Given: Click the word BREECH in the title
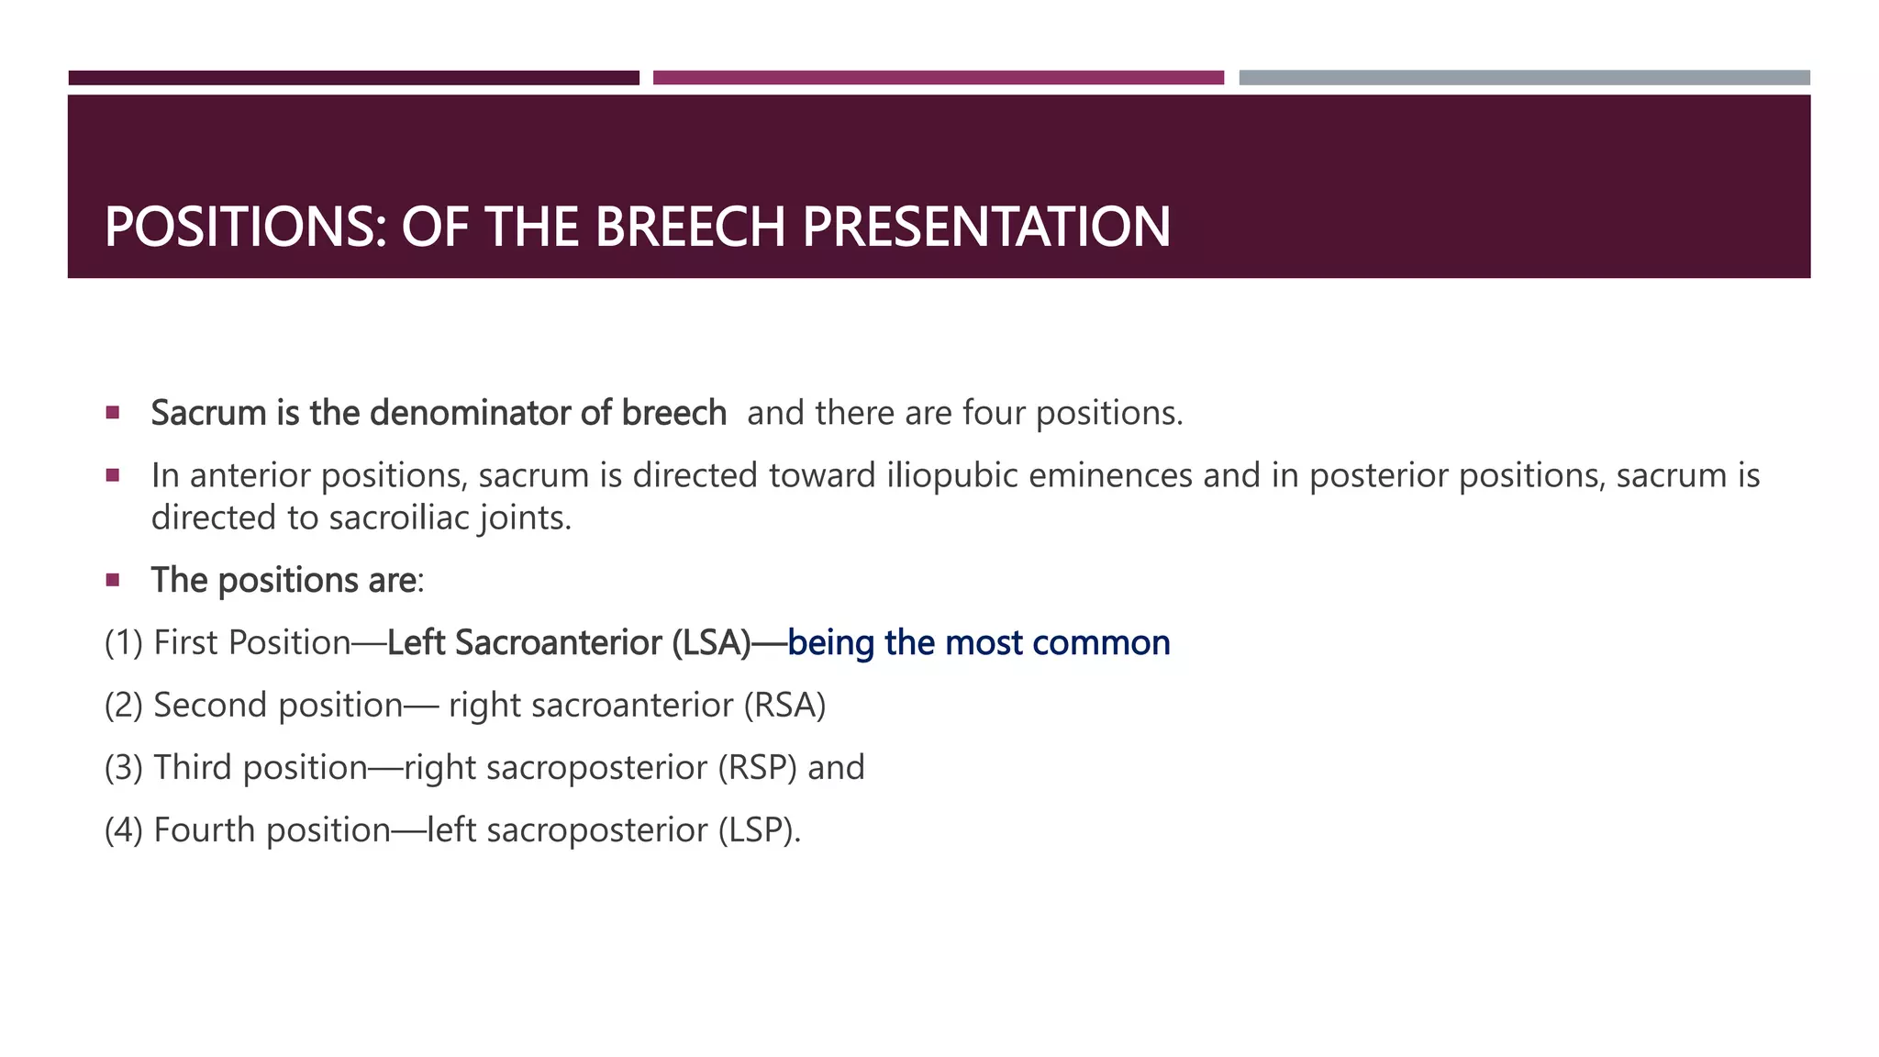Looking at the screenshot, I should click(690, 227).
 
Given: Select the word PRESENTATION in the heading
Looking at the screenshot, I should click(986, 227).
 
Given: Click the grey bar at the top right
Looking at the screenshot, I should click(1524, 78).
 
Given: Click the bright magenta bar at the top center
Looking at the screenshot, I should click(938, 78).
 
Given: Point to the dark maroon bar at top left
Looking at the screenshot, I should click(353, 78).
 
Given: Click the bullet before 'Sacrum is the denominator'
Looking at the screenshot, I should click(113, 413).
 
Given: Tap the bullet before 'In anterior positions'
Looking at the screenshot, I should click(113, 475).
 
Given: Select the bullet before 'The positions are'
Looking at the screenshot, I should click(113, 580).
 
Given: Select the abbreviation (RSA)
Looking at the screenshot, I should click(784, 705).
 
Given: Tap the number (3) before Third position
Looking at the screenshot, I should click(123, 767).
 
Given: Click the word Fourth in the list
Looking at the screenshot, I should click(205, 829).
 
